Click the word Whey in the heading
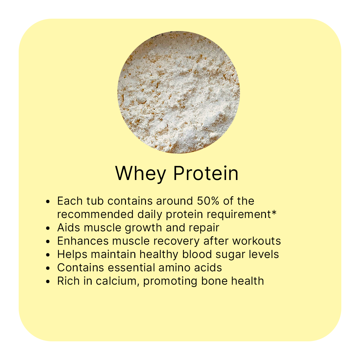(141, 174)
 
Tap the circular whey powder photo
(179, 92)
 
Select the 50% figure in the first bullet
(208, 201)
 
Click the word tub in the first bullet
(95, 201)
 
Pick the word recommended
(95, 214)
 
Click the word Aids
(69, 228)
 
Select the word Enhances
(83, 241)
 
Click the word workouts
(256, 241)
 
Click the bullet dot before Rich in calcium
(48, 281)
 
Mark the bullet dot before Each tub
(48, 202)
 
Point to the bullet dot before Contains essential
(48, 268)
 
